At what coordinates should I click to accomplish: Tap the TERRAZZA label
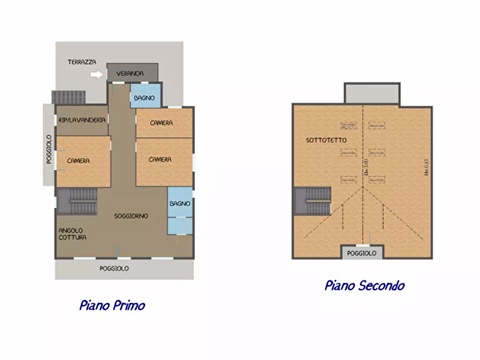pyautogui.click(x=82, y=62)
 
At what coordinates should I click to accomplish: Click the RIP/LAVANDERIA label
pyautogui.click(x=82, y=120)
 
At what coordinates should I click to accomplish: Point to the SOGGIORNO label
pyautogui.click(x=131, y=216)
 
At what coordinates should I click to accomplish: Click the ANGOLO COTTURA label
pyautogui.click(x=73, y=234)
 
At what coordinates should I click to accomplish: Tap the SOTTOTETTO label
pyautogui.click(x=326, y=140)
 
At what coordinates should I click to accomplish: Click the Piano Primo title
pyautogui.click(x=112, y=306)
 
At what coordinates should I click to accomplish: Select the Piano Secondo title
pyautogui.click(x=364, y=285)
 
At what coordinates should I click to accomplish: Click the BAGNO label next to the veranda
pyautogui.click(x=145, y=98)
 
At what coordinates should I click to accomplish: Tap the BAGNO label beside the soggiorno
pyautogui.click(x=180, y=204)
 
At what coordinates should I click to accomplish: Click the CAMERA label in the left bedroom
pyautogui.click(x=78, y=161)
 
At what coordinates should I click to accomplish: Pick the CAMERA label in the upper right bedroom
pyautogui.click(x=161, y=123)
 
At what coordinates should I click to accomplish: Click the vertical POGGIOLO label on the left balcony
pyautogui.click(x=48, y=149)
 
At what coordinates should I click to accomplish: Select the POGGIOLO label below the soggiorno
pyautogui.click(x=114, y=268)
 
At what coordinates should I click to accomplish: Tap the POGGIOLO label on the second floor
pyautogui.click(x=362, y=253)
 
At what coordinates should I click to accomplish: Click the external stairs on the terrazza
pyautogui.click(x=68, y=97)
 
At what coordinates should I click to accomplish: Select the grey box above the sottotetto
pyautogui.click(x=371, y=93)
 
